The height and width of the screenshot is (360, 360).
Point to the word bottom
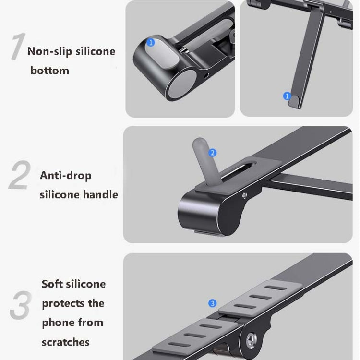click(x=50, y=71)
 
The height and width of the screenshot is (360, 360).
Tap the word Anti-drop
click(x=65, y=175)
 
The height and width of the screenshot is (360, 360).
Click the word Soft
click(x=52, y=284)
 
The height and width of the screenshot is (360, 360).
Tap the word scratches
click(x=65, y=342)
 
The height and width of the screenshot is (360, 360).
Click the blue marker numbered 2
click(x=213, y=153)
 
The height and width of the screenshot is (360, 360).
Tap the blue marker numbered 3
click(x=213, y=303)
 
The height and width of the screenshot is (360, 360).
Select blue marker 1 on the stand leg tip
click(x=288, y=96)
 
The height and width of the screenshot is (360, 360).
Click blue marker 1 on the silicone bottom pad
click(x=151, y=43)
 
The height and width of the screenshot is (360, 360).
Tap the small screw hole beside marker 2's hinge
click(x=245, y=196)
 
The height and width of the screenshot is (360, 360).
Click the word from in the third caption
click(x=91, y=323)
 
